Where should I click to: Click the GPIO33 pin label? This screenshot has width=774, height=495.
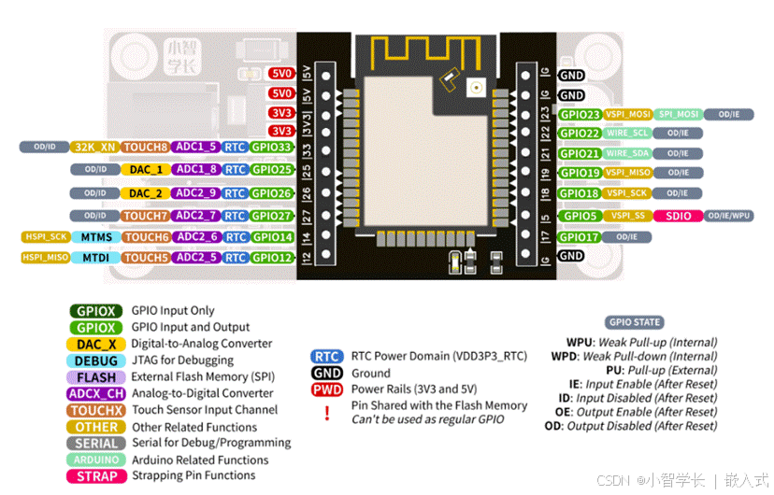tap(271, 147)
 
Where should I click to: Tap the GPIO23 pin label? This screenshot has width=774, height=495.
tap(580, 114)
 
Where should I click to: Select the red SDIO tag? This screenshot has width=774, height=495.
tap(678, 216)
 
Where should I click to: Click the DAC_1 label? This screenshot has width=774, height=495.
tap(146, 170)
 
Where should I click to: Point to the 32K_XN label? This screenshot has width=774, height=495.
tap(94, 147)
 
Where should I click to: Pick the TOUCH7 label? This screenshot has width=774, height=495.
tap(146, 216)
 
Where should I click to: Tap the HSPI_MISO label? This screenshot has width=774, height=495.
tap(45, 257)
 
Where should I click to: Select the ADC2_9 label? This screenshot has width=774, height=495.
tap(196, 193)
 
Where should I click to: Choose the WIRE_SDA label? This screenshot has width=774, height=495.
tap(627, 153)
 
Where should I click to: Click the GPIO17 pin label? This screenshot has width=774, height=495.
tap(580, 237)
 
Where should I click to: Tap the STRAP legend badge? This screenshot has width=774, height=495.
tap(96, 476)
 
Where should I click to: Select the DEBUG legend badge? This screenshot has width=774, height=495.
tap(96, 361)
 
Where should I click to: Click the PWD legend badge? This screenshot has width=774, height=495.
tap(326, 389)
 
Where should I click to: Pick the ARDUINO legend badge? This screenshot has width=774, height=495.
tap(96, 460)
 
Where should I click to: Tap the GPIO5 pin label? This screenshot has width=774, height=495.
tap(577, 216)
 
